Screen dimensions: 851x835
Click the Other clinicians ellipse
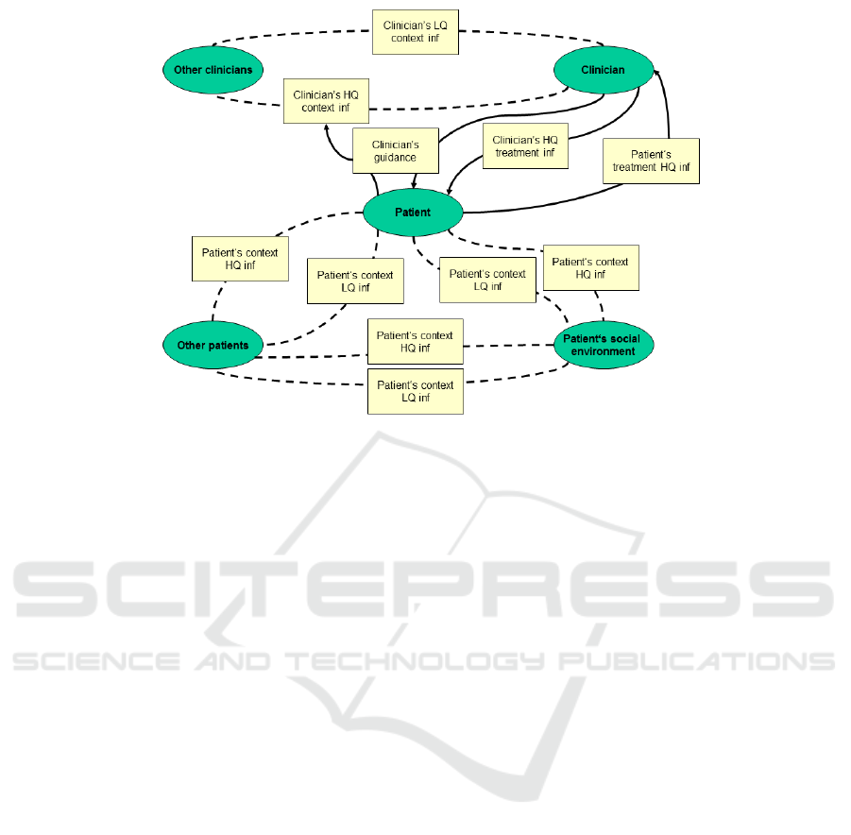tap(213, 70)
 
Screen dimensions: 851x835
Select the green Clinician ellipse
tap(604, 70)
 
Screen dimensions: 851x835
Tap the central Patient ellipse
tap(413, 213)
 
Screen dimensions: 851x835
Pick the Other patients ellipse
tap(213, 346)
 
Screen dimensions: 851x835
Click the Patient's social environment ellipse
tap(604, 346)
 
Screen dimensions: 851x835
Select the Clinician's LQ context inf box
tap(416, 32)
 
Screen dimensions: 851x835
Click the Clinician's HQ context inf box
tap(326, 101)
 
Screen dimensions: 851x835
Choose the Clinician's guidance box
tap(396, 151)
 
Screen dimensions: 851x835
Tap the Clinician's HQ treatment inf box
tap(525, 146)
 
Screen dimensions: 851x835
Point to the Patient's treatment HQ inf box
tap(652, 162)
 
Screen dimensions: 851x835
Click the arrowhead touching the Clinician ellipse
tap(656, 74)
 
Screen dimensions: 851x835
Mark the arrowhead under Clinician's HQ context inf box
tap(327, 128)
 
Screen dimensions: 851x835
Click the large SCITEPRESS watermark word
tap(423, 589)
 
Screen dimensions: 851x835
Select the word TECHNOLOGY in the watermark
tap(415, 661)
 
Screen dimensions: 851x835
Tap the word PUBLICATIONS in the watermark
tap(697, 661)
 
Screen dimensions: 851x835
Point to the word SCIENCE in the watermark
tap(96, 661)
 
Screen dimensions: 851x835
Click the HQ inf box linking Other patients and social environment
tap(416, 342)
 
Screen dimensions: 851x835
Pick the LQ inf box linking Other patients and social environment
tap(416, 391)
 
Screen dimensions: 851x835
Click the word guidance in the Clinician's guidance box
tap(395, 158)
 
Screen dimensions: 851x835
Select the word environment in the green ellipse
tap(603, 351)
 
